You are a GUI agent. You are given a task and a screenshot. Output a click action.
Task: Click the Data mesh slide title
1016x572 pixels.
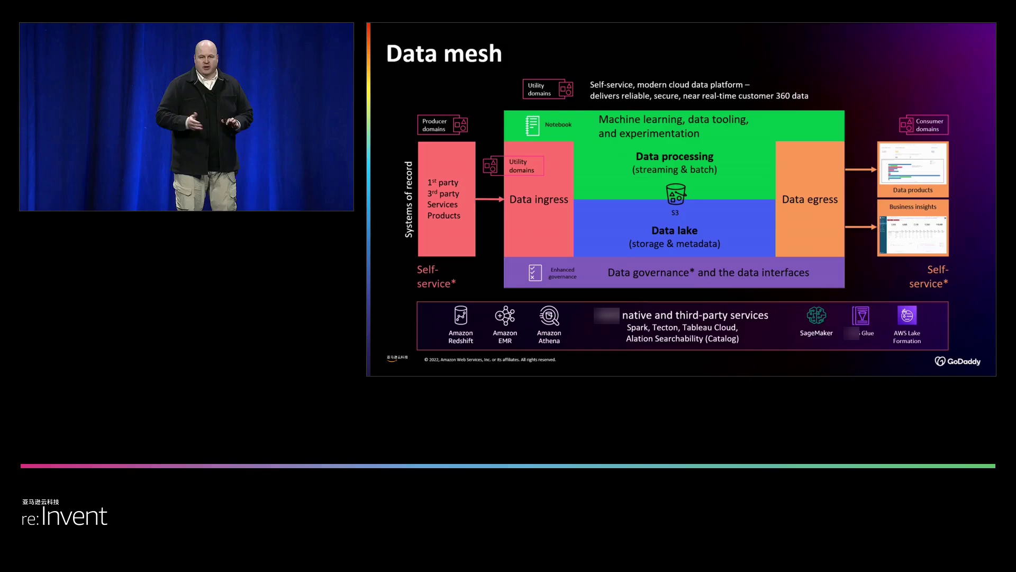pyautogui.click(x=444, y=53)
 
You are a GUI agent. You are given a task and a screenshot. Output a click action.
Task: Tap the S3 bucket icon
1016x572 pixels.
pyautogui.click(x=675, y=194)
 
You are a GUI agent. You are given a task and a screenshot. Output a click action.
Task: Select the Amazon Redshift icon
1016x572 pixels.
pyautogui.click(x=461, y=316)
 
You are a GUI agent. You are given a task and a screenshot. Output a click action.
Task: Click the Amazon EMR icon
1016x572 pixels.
pyautogui.click(x=505, y=316)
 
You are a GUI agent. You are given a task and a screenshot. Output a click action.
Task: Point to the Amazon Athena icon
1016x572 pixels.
pyautogui.click(x=549, y=316)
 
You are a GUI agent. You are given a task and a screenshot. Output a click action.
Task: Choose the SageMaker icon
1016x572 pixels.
pyautogui.click(x=816, y=316)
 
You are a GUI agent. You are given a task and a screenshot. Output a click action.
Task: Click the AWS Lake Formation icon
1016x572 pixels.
pyautogui.click(x=907, y=316)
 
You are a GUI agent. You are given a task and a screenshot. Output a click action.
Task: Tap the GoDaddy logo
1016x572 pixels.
pyautogui.click(x=957, y=361)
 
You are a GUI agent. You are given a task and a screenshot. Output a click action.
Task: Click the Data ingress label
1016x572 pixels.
pyautogui.click(x=539, y=200)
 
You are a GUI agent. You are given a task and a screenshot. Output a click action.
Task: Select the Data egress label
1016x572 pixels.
pyautogui.click(x=810, y=200)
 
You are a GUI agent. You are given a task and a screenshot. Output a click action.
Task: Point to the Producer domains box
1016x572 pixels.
pyautogui.click(x=442, y=125)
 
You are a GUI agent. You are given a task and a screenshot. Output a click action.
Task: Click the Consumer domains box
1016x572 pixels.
pyautogui.click(x=923, y=125)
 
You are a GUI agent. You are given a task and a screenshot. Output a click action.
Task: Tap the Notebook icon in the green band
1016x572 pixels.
pyautogui.click(x=532, y=126)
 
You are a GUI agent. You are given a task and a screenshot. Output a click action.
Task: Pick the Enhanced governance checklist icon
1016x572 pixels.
pyautogui.click(x=535, y=273)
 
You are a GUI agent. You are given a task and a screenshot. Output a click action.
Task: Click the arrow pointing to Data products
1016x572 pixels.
pyautogui.click(x=860, y=169)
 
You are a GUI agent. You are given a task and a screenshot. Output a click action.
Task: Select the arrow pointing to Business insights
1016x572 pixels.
pyautogui.click(x=860, y=227)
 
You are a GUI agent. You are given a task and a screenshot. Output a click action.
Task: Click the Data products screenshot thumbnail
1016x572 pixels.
pyautogui.click(x=913, y=165)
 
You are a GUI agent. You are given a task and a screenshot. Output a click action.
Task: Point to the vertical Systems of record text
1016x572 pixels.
pyautogui.click(x=409, y=199)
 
